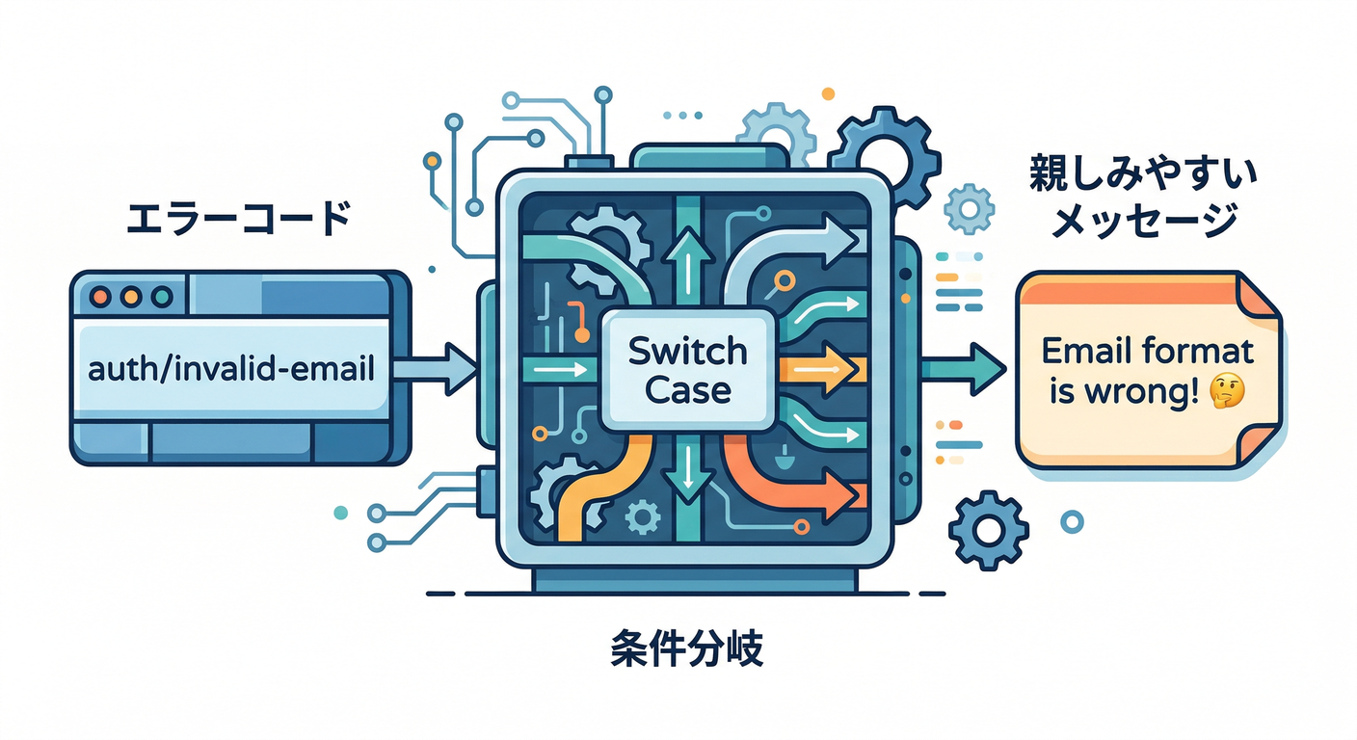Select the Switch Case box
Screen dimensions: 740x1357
point(687,371)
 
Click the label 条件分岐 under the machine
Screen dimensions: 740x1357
point(687,651)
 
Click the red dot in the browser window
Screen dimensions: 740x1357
point(104,295)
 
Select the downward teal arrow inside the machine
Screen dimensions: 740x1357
point(687,472)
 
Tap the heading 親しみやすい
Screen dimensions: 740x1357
point(1142,174)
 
